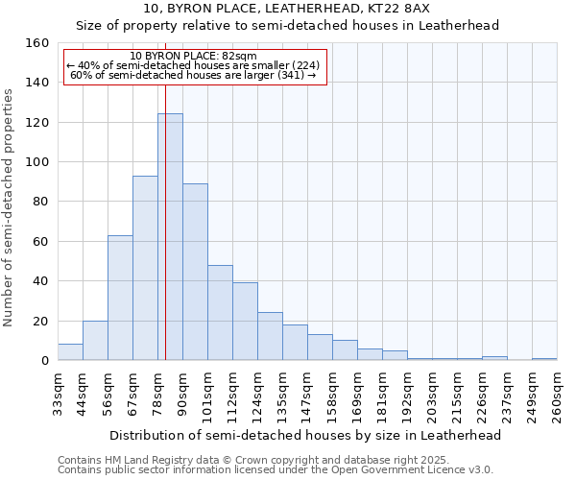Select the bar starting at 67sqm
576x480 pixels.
click(145, 268)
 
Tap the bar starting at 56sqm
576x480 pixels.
click(120, 298)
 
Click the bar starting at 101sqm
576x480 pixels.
click(220, 313)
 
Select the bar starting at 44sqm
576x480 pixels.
click(95, 341)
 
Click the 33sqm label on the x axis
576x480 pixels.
click(58, 393)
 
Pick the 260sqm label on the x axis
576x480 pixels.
click(557, 396)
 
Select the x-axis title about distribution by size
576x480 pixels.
click(305, 435)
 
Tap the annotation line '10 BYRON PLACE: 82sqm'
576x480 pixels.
click(193, 57)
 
